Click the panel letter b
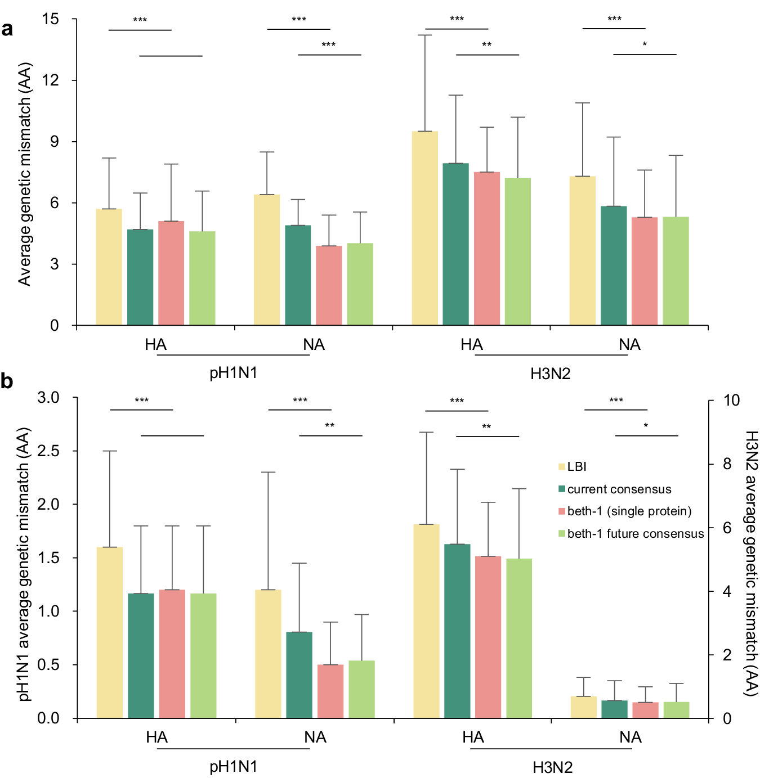tap(7, 381)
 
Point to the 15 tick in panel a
tap(51, 19)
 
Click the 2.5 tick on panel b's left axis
tap(48, 451)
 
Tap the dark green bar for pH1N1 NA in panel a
tap(298, 275)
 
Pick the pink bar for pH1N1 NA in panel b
tap(330, 691)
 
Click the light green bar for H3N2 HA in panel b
tap(519, 638)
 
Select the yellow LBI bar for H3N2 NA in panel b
tap(583, 707)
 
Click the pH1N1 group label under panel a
tap(233, 374)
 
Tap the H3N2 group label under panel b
tap(552, 767)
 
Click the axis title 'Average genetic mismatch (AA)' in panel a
tap(25, 174)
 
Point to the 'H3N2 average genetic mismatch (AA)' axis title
tap(751, 563)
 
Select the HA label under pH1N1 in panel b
tap(157, 737)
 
